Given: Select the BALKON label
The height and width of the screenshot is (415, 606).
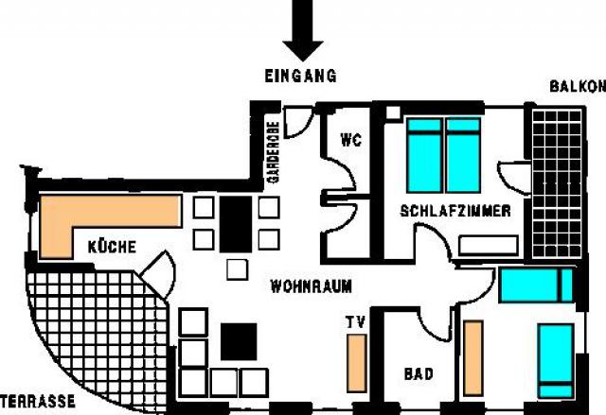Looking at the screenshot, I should coord(576,86).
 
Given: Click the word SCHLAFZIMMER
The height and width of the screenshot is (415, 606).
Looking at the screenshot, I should coord(455,211).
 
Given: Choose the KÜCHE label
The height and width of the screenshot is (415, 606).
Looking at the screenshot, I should coord(112,247).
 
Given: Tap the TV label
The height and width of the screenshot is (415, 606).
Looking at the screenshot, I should coord(355,322).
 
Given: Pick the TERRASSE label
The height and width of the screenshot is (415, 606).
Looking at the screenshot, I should coord(38,402).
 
